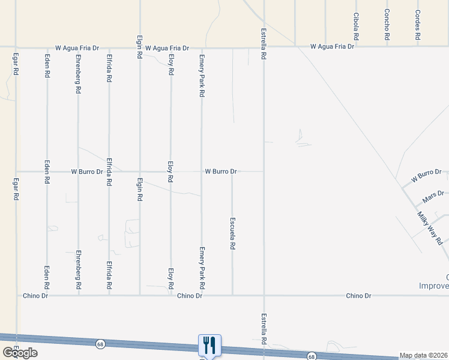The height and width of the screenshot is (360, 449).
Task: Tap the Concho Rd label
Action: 387,25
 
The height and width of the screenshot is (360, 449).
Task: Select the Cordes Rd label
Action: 418,25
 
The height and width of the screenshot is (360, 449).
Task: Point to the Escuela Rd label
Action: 232,233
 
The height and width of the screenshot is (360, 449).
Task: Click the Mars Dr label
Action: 432,196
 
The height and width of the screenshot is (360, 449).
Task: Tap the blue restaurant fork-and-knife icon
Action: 209,345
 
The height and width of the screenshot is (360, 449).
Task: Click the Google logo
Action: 19,353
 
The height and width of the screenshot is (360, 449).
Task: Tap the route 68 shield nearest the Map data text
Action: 312,356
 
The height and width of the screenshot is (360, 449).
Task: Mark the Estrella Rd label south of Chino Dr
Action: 263,329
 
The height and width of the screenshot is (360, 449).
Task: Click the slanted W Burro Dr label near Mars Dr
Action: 426,176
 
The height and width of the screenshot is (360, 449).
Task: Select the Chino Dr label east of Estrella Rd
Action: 359,296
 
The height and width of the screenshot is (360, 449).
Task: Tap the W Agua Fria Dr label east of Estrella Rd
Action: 334,46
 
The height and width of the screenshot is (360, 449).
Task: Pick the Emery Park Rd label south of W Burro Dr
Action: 202,265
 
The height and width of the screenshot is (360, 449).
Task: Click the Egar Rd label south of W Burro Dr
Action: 16,189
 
